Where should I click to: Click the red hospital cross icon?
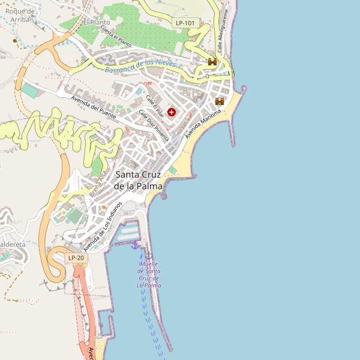pos(172,112)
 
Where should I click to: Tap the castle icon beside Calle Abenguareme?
pos(212,62)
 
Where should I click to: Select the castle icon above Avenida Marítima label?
pos(220,101)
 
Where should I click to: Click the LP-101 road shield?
pos(185,23)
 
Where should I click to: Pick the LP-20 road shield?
pos(77,258)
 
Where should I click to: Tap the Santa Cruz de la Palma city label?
pos(139,180)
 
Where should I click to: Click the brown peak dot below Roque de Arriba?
pos(16,41)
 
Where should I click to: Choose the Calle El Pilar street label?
pos(155,106)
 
